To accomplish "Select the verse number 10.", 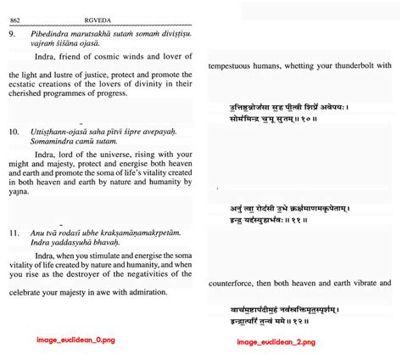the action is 14,133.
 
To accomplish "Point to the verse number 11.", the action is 14,232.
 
